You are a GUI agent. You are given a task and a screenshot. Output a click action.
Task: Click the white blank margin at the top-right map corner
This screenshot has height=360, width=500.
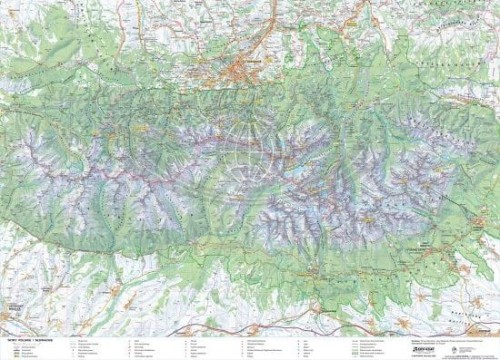coord(496,3)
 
